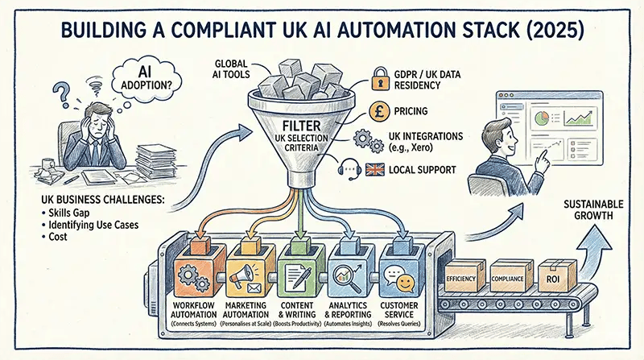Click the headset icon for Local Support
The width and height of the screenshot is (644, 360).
click(x=353, y=171)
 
